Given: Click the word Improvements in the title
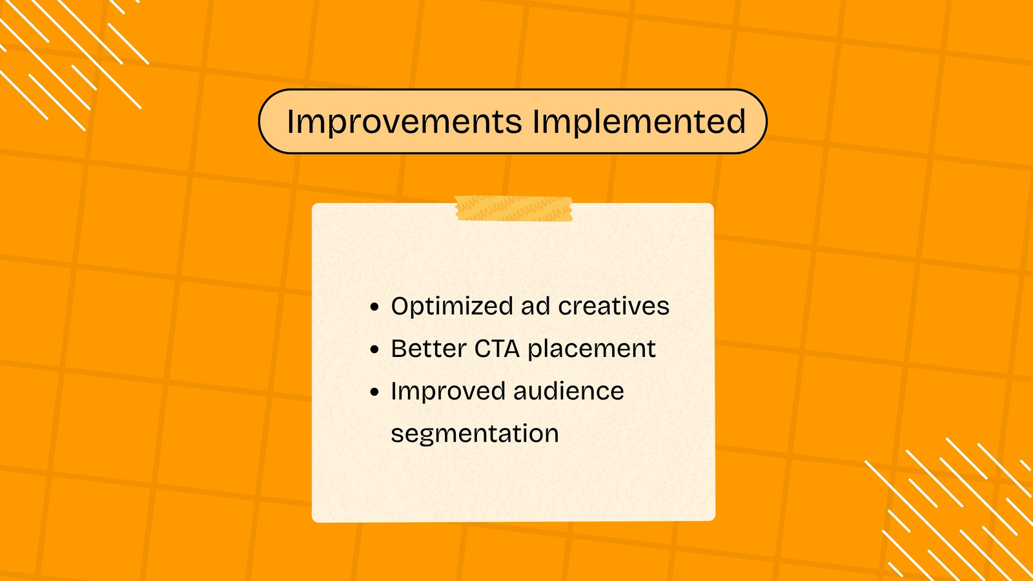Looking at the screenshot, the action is click(404, 122).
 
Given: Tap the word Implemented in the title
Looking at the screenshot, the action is click(639, 121).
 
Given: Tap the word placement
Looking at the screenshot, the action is click(591, 349).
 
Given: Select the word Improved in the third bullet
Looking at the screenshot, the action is click(448, 392).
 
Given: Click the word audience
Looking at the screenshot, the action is click(569, 391).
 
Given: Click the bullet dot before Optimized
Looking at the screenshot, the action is click(374, 307).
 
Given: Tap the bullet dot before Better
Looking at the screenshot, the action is click(374, 349).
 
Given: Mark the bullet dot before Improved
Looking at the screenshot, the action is click(374, 392).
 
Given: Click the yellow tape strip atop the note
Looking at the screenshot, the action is click(514, 209).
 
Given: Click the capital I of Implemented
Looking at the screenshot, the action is click(537, 122).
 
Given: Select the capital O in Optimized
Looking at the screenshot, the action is click(400, 306).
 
